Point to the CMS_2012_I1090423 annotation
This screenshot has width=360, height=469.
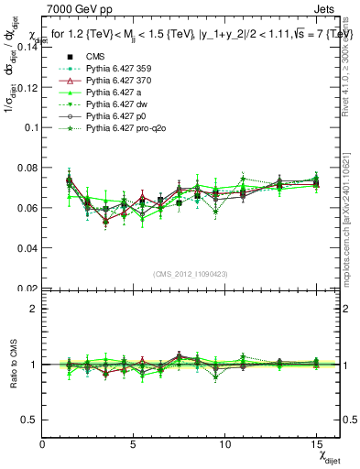pyautogui.click(x=191, y=273)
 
